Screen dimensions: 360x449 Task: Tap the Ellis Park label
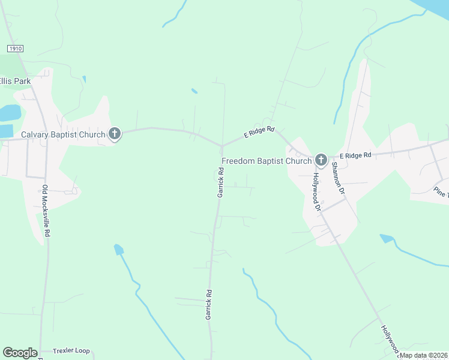click(15, 81)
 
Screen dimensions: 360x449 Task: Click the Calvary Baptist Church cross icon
click(115, 134)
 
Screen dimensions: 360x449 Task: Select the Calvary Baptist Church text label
click(63, 134)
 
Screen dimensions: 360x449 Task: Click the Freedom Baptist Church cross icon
click(321, 160)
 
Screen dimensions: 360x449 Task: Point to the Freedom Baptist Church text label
click(267, 161)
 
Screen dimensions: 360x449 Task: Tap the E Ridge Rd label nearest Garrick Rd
click(259, 133)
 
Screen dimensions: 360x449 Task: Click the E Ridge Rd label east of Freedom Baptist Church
click(355, 155)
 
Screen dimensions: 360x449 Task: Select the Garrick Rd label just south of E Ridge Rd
click(220, 182)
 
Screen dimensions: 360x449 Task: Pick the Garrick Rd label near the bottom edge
click(209, 304)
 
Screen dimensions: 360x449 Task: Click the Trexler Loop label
click(71, 350)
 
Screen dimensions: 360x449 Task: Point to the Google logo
click(20, 353)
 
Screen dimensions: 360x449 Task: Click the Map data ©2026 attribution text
click(423, 355)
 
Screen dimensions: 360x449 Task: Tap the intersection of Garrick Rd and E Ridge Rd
click(222, 146)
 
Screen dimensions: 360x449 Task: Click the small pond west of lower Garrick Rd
click(118, 249)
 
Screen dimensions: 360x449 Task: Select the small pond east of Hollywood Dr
click(387, 239)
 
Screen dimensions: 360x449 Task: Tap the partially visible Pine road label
click(441, 192)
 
